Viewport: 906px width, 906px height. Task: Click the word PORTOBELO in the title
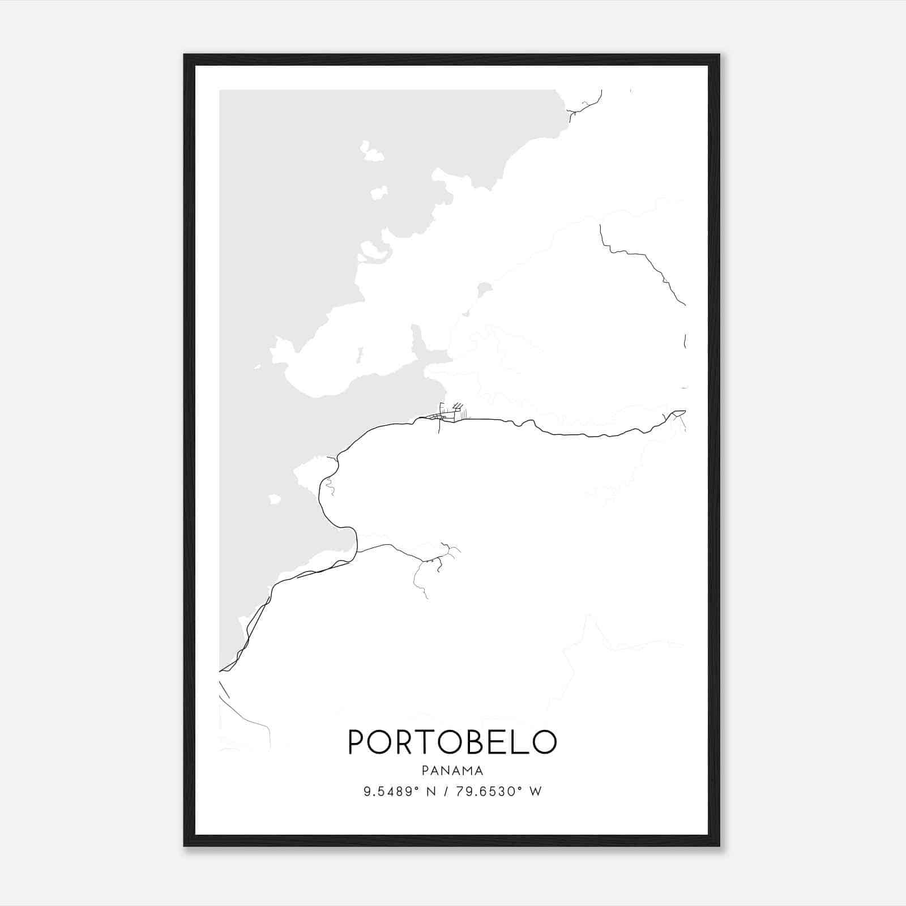pos(452,742)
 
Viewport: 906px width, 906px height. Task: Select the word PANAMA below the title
pos(452,771)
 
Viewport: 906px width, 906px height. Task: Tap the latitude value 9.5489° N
pos(399,792)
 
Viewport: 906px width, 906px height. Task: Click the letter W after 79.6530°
pos(535,792)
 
